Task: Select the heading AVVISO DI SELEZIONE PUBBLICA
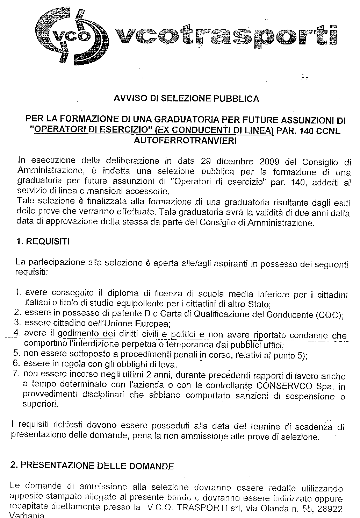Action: pos(187,99)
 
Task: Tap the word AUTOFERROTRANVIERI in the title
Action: pos(185,141)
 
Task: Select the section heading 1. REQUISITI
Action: pos(43,242)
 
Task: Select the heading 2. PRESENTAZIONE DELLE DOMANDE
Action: pos(92,466)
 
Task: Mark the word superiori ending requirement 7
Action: pos(39,404)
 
